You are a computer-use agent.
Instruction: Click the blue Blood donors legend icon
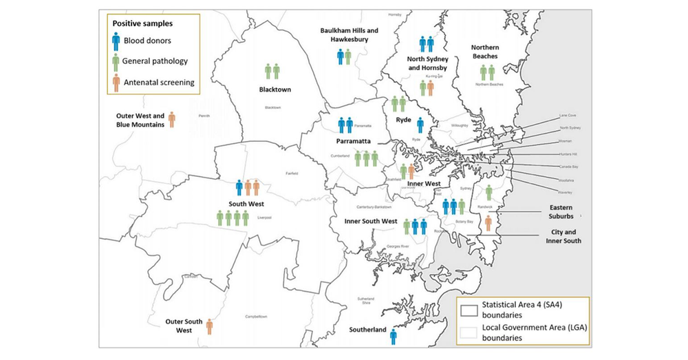[116, 41]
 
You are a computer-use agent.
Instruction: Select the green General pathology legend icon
[116, 61]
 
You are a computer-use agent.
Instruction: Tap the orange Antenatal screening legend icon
[116, 83]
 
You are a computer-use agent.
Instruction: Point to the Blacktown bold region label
[273, 89]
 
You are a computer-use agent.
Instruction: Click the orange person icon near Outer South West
[209, 326]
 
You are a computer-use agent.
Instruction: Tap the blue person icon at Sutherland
[394, 336]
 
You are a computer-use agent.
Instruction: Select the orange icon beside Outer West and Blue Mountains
[171, 119]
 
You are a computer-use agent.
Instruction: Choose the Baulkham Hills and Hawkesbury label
[349, 35]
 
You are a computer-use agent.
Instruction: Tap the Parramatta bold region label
[354, 141]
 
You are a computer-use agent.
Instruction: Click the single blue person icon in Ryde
[420, 125]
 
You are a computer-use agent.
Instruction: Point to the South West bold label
[246, 204]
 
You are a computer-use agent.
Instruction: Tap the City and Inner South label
[561, 237]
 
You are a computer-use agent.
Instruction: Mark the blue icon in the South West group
[239, 187]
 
